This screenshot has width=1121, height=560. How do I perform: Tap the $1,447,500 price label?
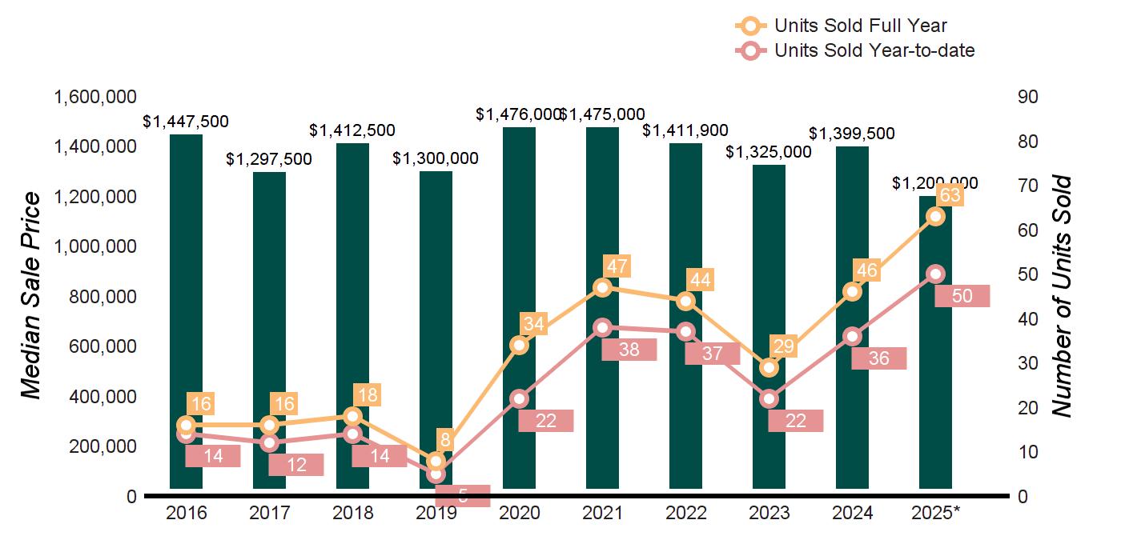click(186, 122)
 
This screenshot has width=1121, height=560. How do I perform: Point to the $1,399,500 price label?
click(852, 134)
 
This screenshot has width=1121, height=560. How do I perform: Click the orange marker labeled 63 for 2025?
click(935, 217)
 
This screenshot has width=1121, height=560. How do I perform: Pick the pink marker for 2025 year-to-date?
click(935, 274)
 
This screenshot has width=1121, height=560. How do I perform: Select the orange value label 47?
click(617, 266)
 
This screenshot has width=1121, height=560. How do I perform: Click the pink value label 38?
click(629, 350)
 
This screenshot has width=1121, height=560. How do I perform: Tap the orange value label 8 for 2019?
click(445, 439)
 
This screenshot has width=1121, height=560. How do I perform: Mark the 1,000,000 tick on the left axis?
click(94, 247)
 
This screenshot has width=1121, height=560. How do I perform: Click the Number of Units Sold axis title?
click(1061, 296)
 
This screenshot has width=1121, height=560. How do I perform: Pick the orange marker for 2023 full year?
click(769, 368)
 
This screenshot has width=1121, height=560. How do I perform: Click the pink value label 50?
click(962, 296)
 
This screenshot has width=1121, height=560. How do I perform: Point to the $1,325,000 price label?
click(769, 152)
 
